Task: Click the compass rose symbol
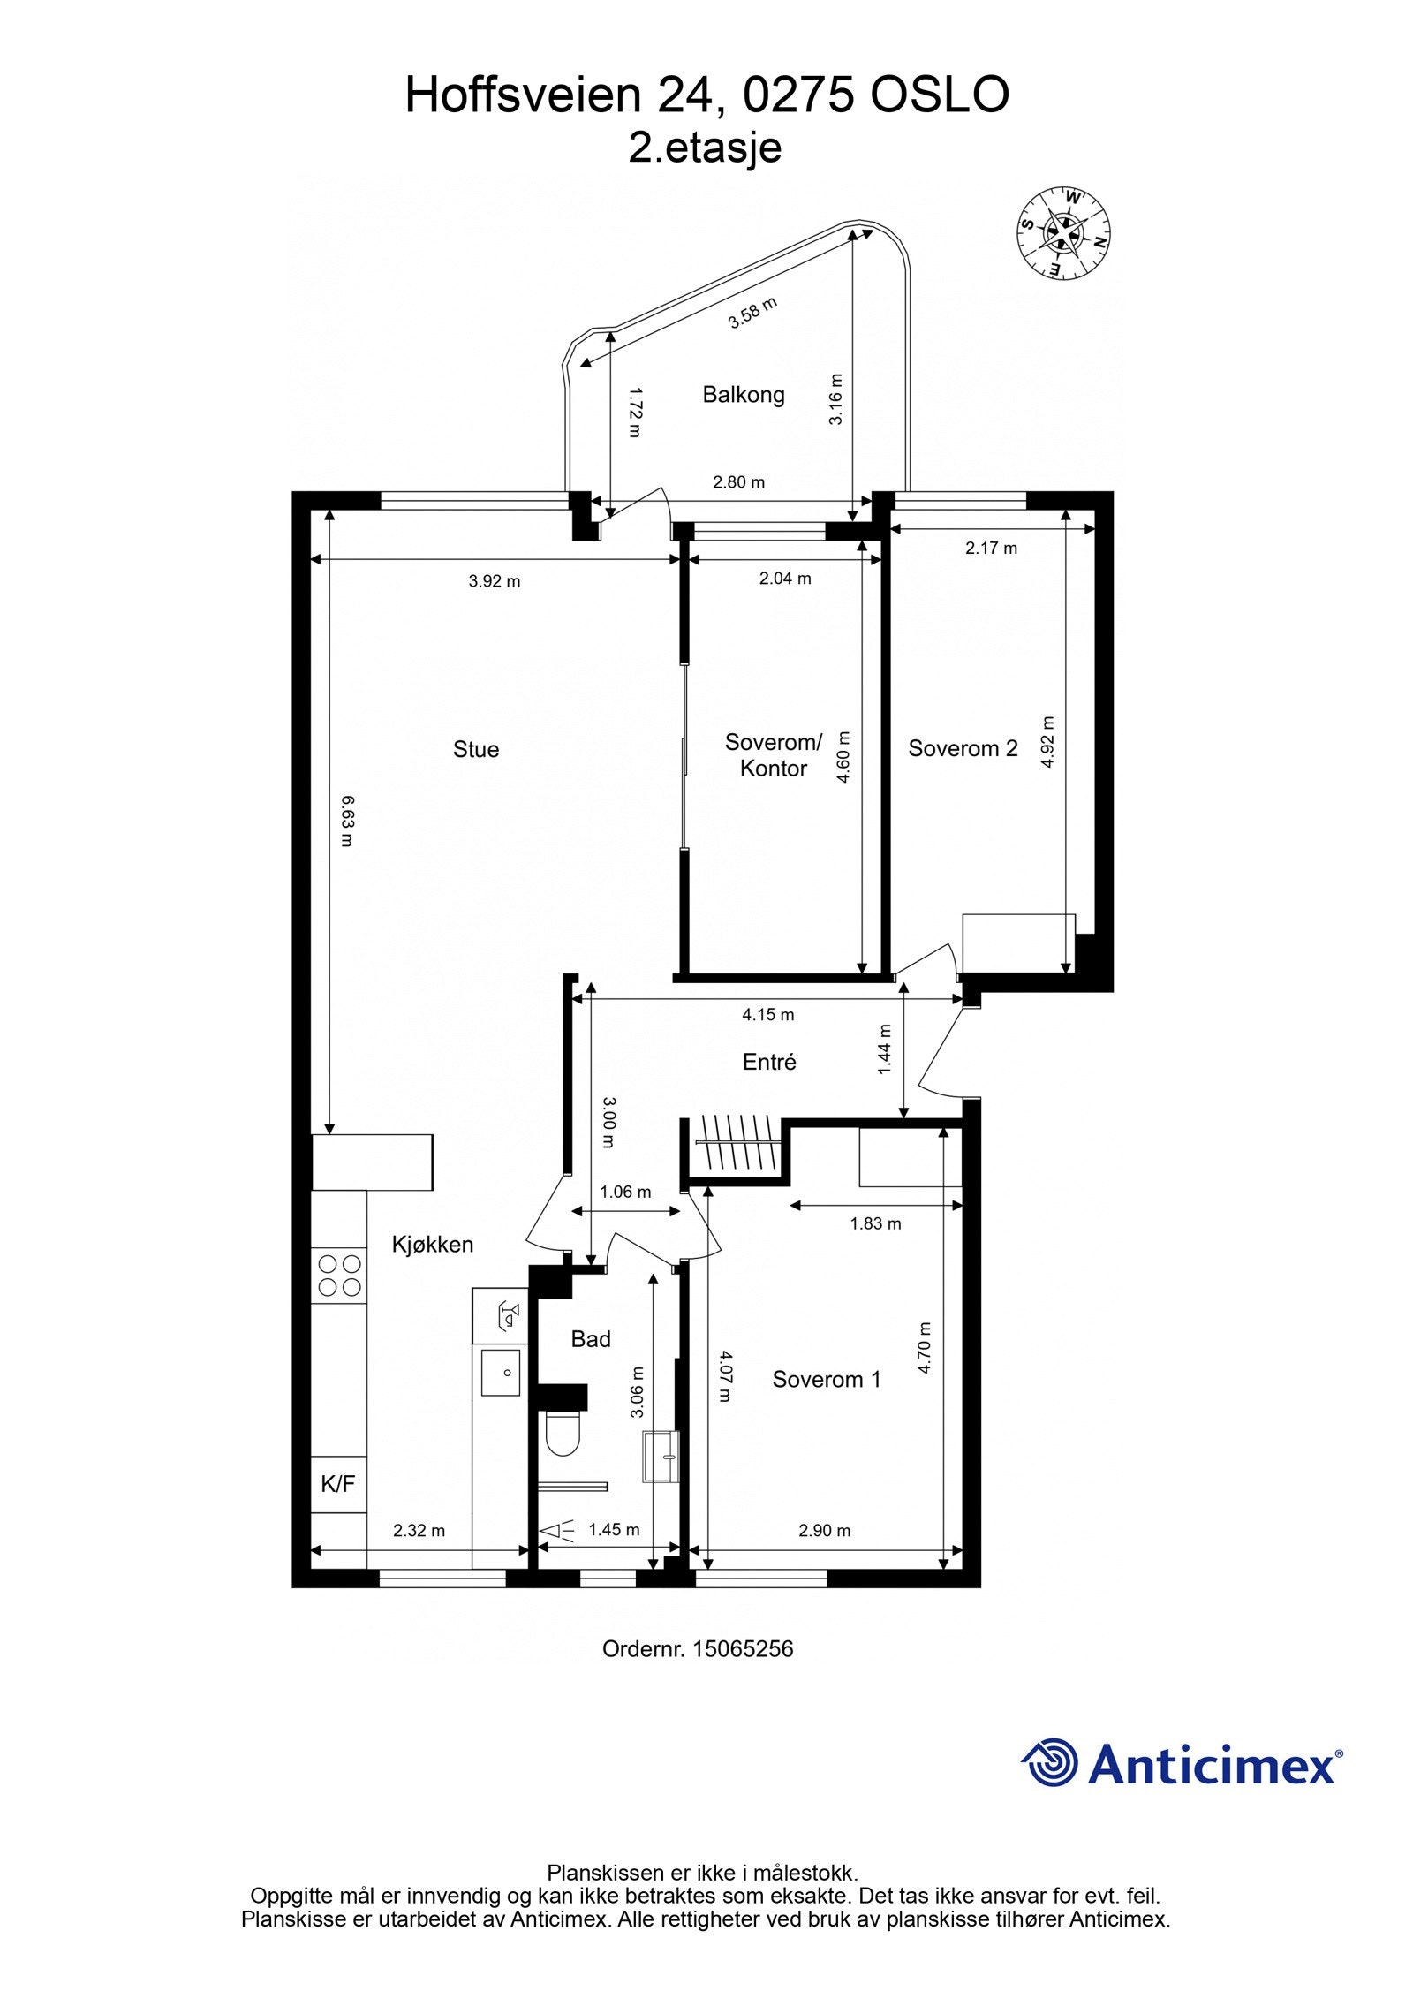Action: [x=1062, y=233]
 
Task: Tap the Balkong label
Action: [x=743, y=394]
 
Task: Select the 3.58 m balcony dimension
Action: [x=752, y=314]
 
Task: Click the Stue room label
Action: [x=475, y=749]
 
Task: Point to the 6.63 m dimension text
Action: [x=347, y=822]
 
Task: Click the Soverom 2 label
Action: [x=963, y=748]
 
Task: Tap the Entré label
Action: [x=768, y=1062]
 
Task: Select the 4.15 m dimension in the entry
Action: [x=767, y=1014]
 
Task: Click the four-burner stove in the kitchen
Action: [x=339, y=1275]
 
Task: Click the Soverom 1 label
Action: [x=826, y=1379]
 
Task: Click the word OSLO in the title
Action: [x=940, y=95]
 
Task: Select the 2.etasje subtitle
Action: [x=705, y=148]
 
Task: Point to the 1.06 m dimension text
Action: [x=625, y=1192]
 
